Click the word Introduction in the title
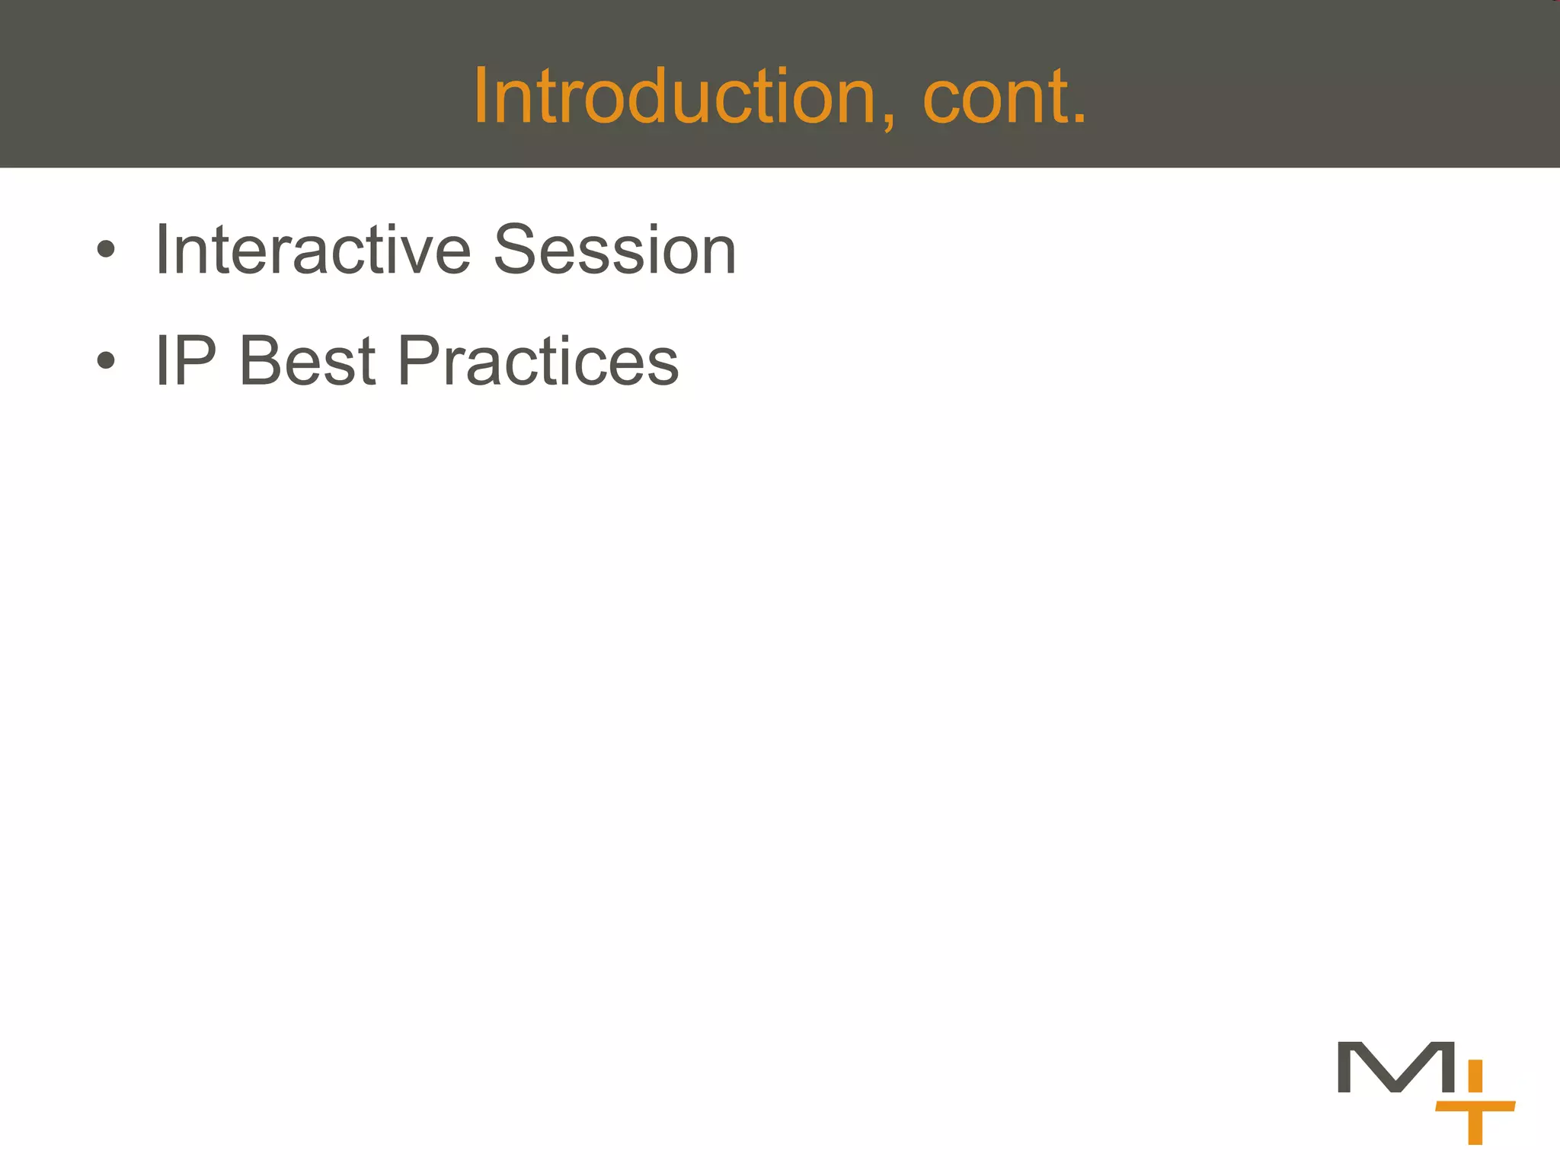674,97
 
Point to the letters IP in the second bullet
186,361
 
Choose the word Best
308,361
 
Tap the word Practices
538,361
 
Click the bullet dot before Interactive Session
106,250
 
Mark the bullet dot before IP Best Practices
106,361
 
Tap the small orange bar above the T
1475,1075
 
